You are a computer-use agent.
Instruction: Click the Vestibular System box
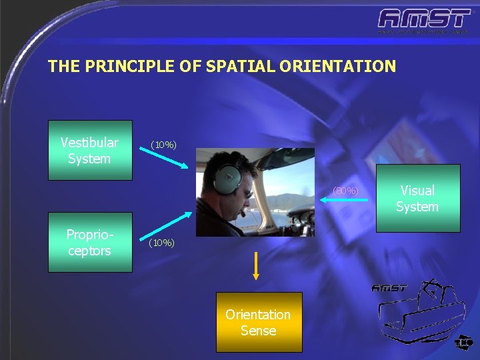(x=90, y=150)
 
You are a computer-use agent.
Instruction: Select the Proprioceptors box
(x=90, y=243)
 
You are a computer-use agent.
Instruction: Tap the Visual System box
(x=417, y=198)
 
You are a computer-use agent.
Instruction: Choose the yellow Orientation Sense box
(x=259, y=322)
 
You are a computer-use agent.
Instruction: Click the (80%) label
(x=345, y=192)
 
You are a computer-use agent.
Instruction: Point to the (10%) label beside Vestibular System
(x=163, y=145)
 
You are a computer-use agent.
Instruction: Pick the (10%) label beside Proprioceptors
(x=162, y=243)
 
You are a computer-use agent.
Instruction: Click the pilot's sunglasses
(x=247, y=193)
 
